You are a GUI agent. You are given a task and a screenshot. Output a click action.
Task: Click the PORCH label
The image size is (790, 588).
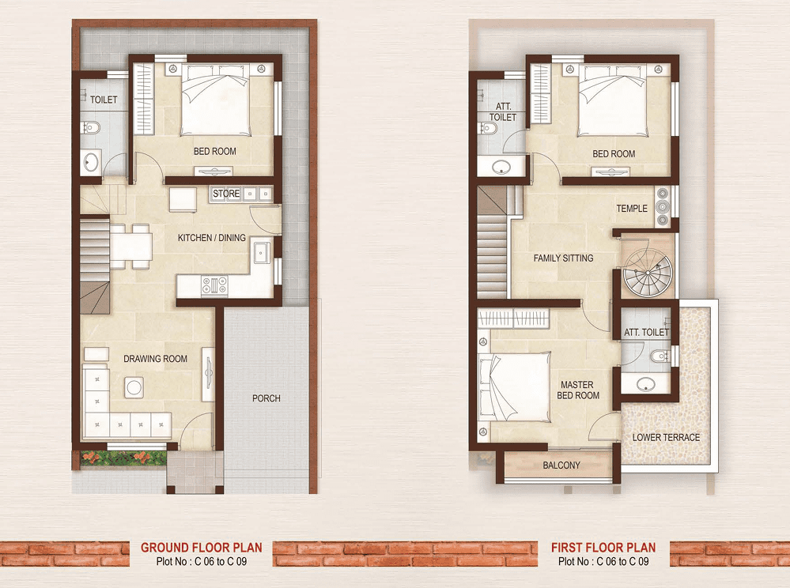[266, 398]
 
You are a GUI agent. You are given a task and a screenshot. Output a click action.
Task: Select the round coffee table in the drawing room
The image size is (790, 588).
[134, 387]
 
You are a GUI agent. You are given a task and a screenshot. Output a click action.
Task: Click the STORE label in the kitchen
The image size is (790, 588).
[225, 194]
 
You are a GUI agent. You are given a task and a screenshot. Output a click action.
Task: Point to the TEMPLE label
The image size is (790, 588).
[632, 209]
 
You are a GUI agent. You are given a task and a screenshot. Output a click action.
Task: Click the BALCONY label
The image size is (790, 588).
[561, 465]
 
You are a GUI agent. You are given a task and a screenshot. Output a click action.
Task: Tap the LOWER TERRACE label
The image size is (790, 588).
[666, 438]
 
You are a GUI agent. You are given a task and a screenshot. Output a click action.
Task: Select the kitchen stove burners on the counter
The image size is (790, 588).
[214, 285]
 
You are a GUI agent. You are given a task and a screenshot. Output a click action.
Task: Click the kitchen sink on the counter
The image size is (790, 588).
[262, 251]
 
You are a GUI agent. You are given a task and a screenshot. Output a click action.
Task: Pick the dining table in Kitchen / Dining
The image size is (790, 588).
[131, 247]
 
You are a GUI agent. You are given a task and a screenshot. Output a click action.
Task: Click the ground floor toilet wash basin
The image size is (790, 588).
[91, 162]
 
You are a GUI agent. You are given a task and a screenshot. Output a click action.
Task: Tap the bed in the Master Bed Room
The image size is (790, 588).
[514, 386]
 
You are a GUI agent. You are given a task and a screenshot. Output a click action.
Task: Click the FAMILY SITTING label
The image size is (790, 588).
[563, 258]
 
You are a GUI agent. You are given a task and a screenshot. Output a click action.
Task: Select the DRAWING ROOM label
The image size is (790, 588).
[155, 359]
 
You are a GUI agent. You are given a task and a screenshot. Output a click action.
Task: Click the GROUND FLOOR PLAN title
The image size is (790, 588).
[202, 547]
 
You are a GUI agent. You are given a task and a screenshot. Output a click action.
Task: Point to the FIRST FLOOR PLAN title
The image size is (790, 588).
[603, 547]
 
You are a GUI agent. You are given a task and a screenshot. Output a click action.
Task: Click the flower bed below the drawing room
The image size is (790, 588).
[123, 458]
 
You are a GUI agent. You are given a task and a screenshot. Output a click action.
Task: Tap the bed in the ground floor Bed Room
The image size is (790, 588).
[216, 100]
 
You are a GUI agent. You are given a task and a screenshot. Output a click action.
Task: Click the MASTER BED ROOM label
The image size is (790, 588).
[578, 390]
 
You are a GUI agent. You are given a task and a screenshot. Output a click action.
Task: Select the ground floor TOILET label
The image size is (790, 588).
[104, 100]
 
